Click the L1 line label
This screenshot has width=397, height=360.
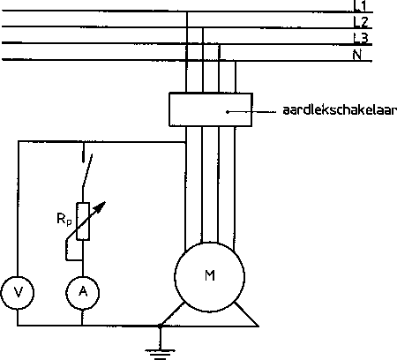[x=359, y=6]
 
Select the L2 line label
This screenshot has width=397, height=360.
[x=361, y=22]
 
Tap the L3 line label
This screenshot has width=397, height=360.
[x=361, y=38]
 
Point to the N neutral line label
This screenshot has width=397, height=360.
[x=357, y=55]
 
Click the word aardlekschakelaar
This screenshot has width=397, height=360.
[x=340, y=110]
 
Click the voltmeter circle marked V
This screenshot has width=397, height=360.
[x=18, y=293]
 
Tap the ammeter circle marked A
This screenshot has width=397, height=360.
[x=82, y=293]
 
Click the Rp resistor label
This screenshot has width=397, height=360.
[x=64, y=219]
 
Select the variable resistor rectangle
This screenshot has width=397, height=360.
[x=83, y=221]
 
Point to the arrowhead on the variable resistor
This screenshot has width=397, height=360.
[x=101, y=206]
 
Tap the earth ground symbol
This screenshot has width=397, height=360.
[x=160, y=354]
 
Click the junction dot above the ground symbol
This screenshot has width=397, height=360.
[x=160, y=326]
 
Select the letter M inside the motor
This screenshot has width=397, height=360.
[x=210, y=275]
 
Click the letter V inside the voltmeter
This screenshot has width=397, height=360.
[x=19, y=292]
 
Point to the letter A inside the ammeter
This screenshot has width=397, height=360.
[x=83, y=291]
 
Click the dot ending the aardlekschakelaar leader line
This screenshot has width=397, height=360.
[x=228, y=112]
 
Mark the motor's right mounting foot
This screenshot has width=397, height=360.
[x=246, y=314]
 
